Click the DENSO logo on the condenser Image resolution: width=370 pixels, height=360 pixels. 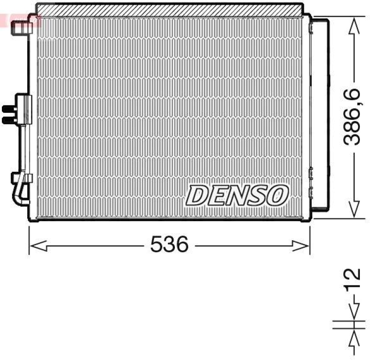pos(237,195)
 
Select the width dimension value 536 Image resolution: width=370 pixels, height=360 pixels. pos(169,244)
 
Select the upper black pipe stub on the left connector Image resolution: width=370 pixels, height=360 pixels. pos(8,109)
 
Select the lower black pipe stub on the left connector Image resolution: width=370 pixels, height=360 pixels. pos(8,120)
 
